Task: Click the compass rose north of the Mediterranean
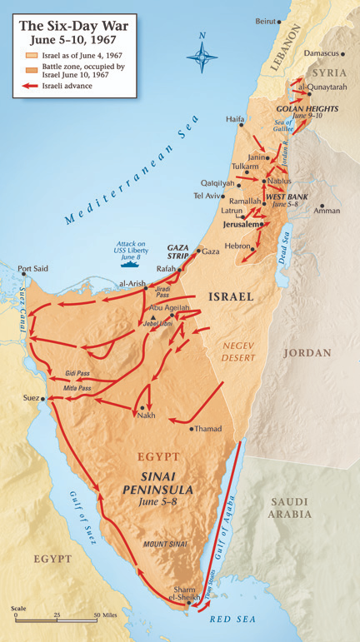(x=202, y=56)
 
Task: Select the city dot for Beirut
(x=281, y=21)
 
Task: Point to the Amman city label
(x=326, y=211)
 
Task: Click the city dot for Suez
(x=42, y=398)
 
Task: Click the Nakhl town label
(x=146, y=416)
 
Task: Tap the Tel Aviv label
(x=207, y=196)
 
